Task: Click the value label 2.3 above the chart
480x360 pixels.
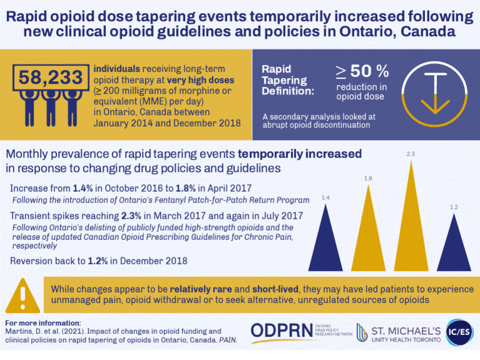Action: pyautogui.click(x=411, y=153)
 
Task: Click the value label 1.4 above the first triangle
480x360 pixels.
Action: pyautogui.click(x=326, y=198)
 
